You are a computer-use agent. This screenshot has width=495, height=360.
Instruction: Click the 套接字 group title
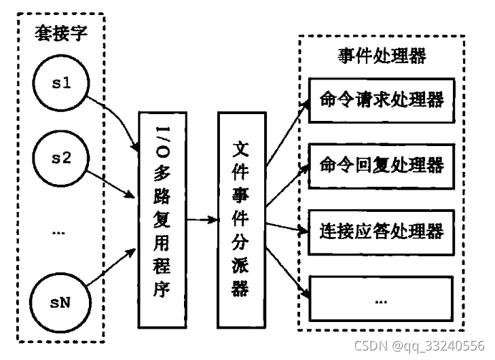point(60,34)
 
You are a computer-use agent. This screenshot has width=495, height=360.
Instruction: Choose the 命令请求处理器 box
point(381,101)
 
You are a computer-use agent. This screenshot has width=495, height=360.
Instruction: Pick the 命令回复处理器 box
point(381,165)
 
